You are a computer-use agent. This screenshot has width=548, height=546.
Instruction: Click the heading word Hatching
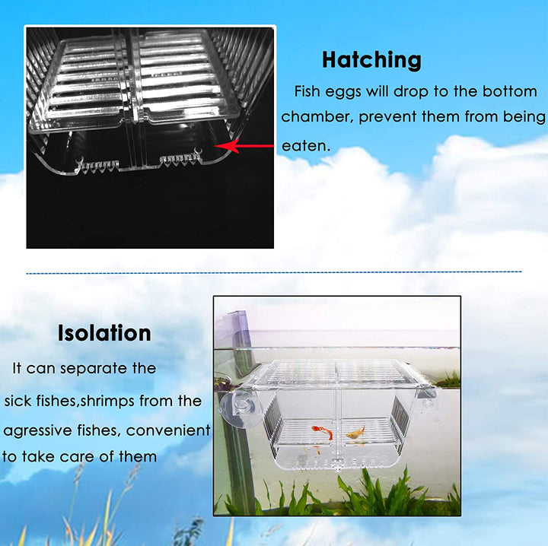pyautogui.click(x=371, y=59)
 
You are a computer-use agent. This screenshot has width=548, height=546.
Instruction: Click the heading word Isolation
pyautogui.click(x=104, y=333)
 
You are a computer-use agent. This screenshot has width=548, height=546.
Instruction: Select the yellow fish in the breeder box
pyautogui.click(x=355, y=434)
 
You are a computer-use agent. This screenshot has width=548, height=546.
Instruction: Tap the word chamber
pyautogui.click(x=315, y=117)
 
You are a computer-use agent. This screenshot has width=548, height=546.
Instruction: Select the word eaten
pyautogui.click(x=304, y=145)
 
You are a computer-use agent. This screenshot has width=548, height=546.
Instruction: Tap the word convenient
pyautogui.click(x=168, y=430)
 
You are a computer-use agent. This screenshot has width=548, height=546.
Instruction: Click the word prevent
pyautogui.click(x=391, y=117)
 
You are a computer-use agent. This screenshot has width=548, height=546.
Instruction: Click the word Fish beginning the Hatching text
pyautogui.click(x=308, y=92)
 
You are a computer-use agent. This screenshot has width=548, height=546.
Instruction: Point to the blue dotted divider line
pyautogui.click(x=274, y=271)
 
